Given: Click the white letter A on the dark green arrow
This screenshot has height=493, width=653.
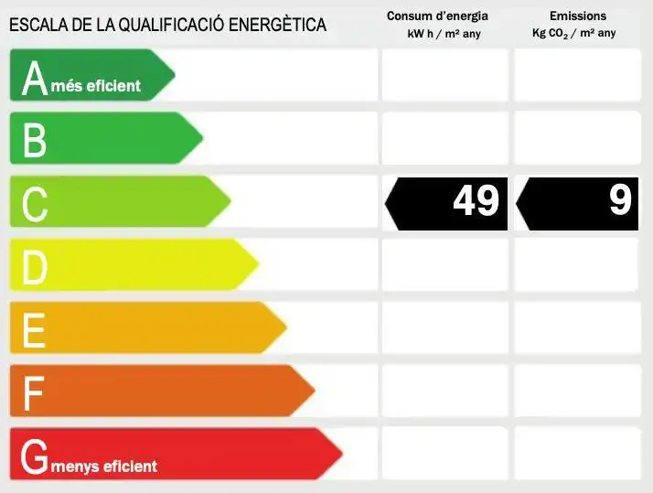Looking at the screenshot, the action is (x=35, y=79).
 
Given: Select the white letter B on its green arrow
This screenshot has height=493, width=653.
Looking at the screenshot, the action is (x=35, y=140).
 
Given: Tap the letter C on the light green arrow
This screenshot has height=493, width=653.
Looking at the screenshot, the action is (x=35, y=204).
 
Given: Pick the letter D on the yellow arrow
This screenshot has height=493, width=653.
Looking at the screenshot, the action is (x=35, y=267).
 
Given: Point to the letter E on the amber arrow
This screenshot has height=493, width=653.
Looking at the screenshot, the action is (x=34, y=330).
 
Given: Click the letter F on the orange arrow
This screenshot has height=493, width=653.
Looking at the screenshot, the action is (x=33, y=393).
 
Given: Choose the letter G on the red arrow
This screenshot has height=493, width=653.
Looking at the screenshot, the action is (x=34, y=456).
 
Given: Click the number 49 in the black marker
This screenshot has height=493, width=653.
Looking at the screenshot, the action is (x=476, y=200).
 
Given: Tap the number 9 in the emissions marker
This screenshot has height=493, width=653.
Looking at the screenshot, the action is (x=620, y=200).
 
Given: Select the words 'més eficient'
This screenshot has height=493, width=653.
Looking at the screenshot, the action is (x=96, y=86).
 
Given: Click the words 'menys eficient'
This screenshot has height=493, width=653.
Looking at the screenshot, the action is (x=103, y=466).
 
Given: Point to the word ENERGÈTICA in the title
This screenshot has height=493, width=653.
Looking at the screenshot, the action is (x=277, y=24).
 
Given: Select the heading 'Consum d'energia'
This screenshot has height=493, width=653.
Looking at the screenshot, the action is (x=437, y=16).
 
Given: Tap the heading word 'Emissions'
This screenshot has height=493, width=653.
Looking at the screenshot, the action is (x=578, y=16).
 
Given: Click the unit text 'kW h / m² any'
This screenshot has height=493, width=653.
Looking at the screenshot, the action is (x=444, y=34).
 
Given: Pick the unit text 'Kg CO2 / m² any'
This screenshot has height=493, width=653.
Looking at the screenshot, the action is (x=573, y=33).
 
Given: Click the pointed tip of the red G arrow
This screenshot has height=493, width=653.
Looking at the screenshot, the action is (x=342, y=454).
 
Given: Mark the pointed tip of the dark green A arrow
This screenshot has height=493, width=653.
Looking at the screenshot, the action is (x=175, y=75).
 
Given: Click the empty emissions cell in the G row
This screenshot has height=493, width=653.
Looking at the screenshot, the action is (x=578, y=453).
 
